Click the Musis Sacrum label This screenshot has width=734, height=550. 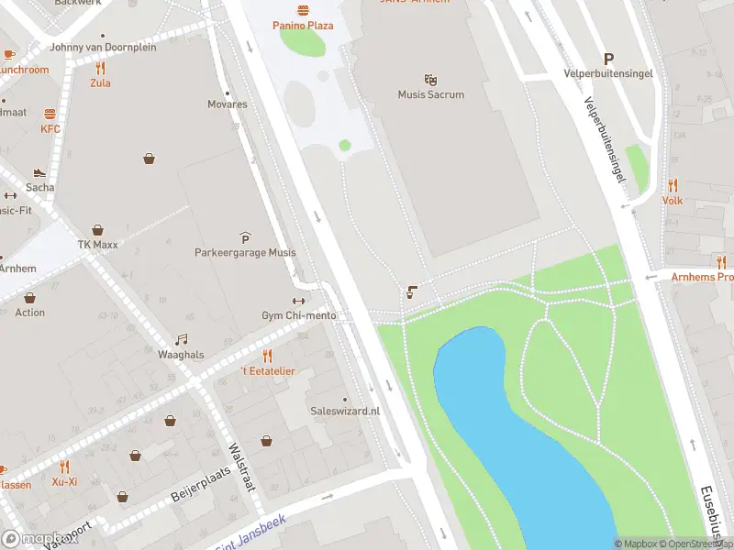(x=430, y=94)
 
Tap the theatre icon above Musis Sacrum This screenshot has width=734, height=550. (x=430, y=80)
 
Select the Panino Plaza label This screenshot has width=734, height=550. (x=303, y=26)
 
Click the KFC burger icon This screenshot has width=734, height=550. (x=50, y=115)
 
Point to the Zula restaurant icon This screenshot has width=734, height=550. (x=100, y=68)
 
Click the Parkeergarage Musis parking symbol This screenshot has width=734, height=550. (x=245, y=237)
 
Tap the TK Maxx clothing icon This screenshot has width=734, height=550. (x=97, y=231)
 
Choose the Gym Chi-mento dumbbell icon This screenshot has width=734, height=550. (x=298, y=302)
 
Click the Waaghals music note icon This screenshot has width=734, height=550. (x=181, y=340)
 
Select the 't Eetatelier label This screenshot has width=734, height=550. (x=268, y=370)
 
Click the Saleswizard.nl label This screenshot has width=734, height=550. (x=345, y=412)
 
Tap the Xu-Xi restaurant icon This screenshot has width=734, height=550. (x=64, y=467)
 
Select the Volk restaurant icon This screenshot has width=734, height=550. (x=673, y=185)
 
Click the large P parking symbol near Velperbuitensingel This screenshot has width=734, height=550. (x=607, y=59)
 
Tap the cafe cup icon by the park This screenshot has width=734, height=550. (x=412, y=293)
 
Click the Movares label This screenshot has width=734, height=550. (x=227, y=104)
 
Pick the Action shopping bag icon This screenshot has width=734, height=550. (x=29, y=298)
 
